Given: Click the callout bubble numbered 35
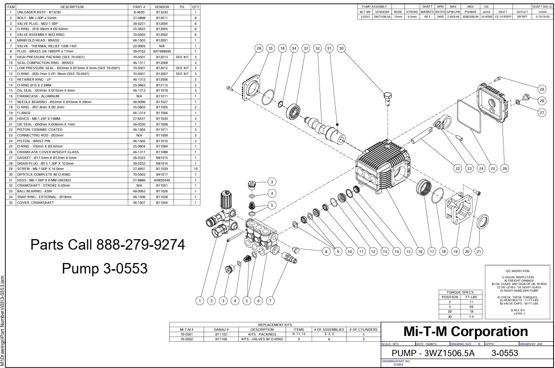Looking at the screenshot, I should pyautogui.click(x=270, y=48).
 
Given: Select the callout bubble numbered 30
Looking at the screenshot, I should pyautogui.click(x=341, y=48).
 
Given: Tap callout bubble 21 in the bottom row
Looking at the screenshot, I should pyautogui.click(x=479, y=251).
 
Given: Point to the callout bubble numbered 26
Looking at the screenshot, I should pyautogui.click(x=504, y=168).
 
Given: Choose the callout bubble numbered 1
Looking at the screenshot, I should pyautogui.click(x=200, y=300).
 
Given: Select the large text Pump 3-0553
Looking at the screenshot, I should pyautogui.click(x=104, y=269).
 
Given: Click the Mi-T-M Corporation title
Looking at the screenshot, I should pyautogui.click(x=466, y=332).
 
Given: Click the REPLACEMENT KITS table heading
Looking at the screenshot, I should pyautogui.click(x=275, y=325).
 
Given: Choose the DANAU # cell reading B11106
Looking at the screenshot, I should pyautogui.click(x=221, y=339).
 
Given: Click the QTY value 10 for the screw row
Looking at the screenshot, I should pyautogui.click(x=195, y=169).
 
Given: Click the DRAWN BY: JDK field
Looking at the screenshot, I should pyautogui.click(x=531, y=344).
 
